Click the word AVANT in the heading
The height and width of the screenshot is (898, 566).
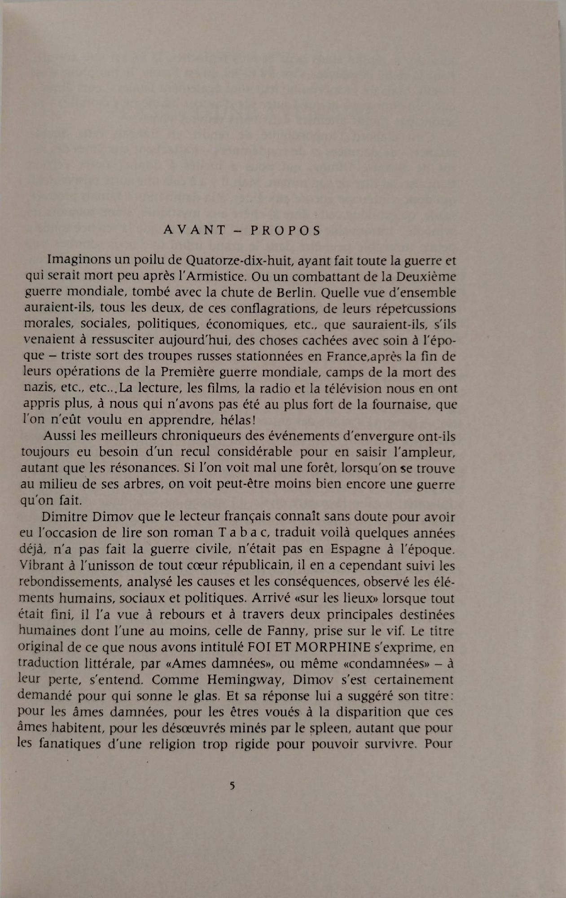pyautogui.click(x=194, y=230)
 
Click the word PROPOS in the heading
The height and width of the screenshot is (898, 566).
pyautogui.click(x=285, y=230)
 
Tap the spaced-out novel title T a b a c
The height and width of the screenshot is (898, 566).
pyautogui.click(x=243, y=533)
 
